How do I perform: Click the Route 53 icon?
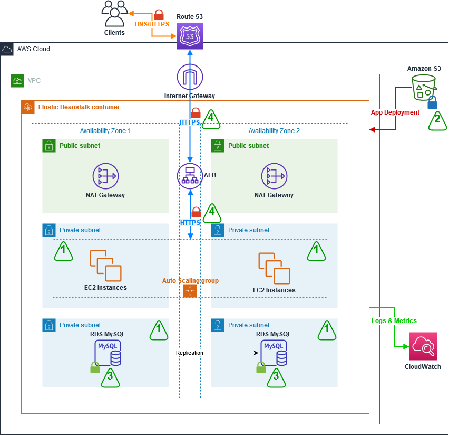190,36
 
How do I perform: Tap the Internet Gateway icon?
190,77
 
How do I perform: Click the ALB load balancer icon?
190,176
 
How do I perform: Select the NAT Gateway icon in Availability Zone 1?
105,176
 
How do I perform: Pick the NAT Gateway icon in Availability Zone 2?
274,176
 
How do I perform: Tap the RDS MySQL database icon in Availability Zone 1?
108,353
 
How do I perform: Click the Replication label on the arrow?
190,353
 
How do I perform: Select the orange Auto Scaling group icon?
190,291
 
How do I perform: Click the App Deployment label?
395,112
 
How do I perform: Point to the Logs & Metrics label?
394,321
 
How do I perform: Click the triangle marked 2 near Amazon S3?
436,120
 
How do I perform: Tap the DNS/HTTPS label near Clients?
152,24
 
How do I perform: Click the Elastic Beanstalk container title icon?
27,107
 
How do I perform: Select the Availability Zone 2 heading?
274,131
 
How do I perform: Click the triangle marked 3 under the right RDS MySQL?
276,376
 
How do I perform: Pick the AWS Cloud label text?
34,49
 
